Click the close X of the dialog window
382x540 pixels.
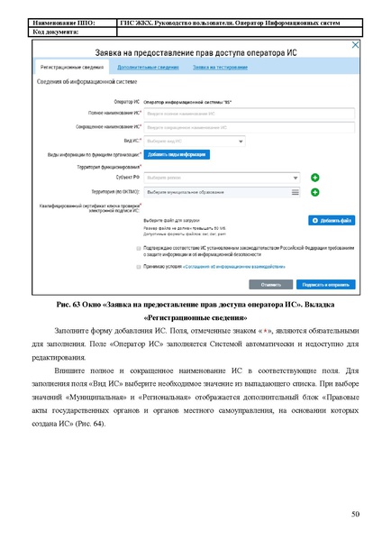click(x=355, y=44)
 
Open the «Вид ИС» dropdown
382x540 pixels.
click(x=194, y=141)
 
